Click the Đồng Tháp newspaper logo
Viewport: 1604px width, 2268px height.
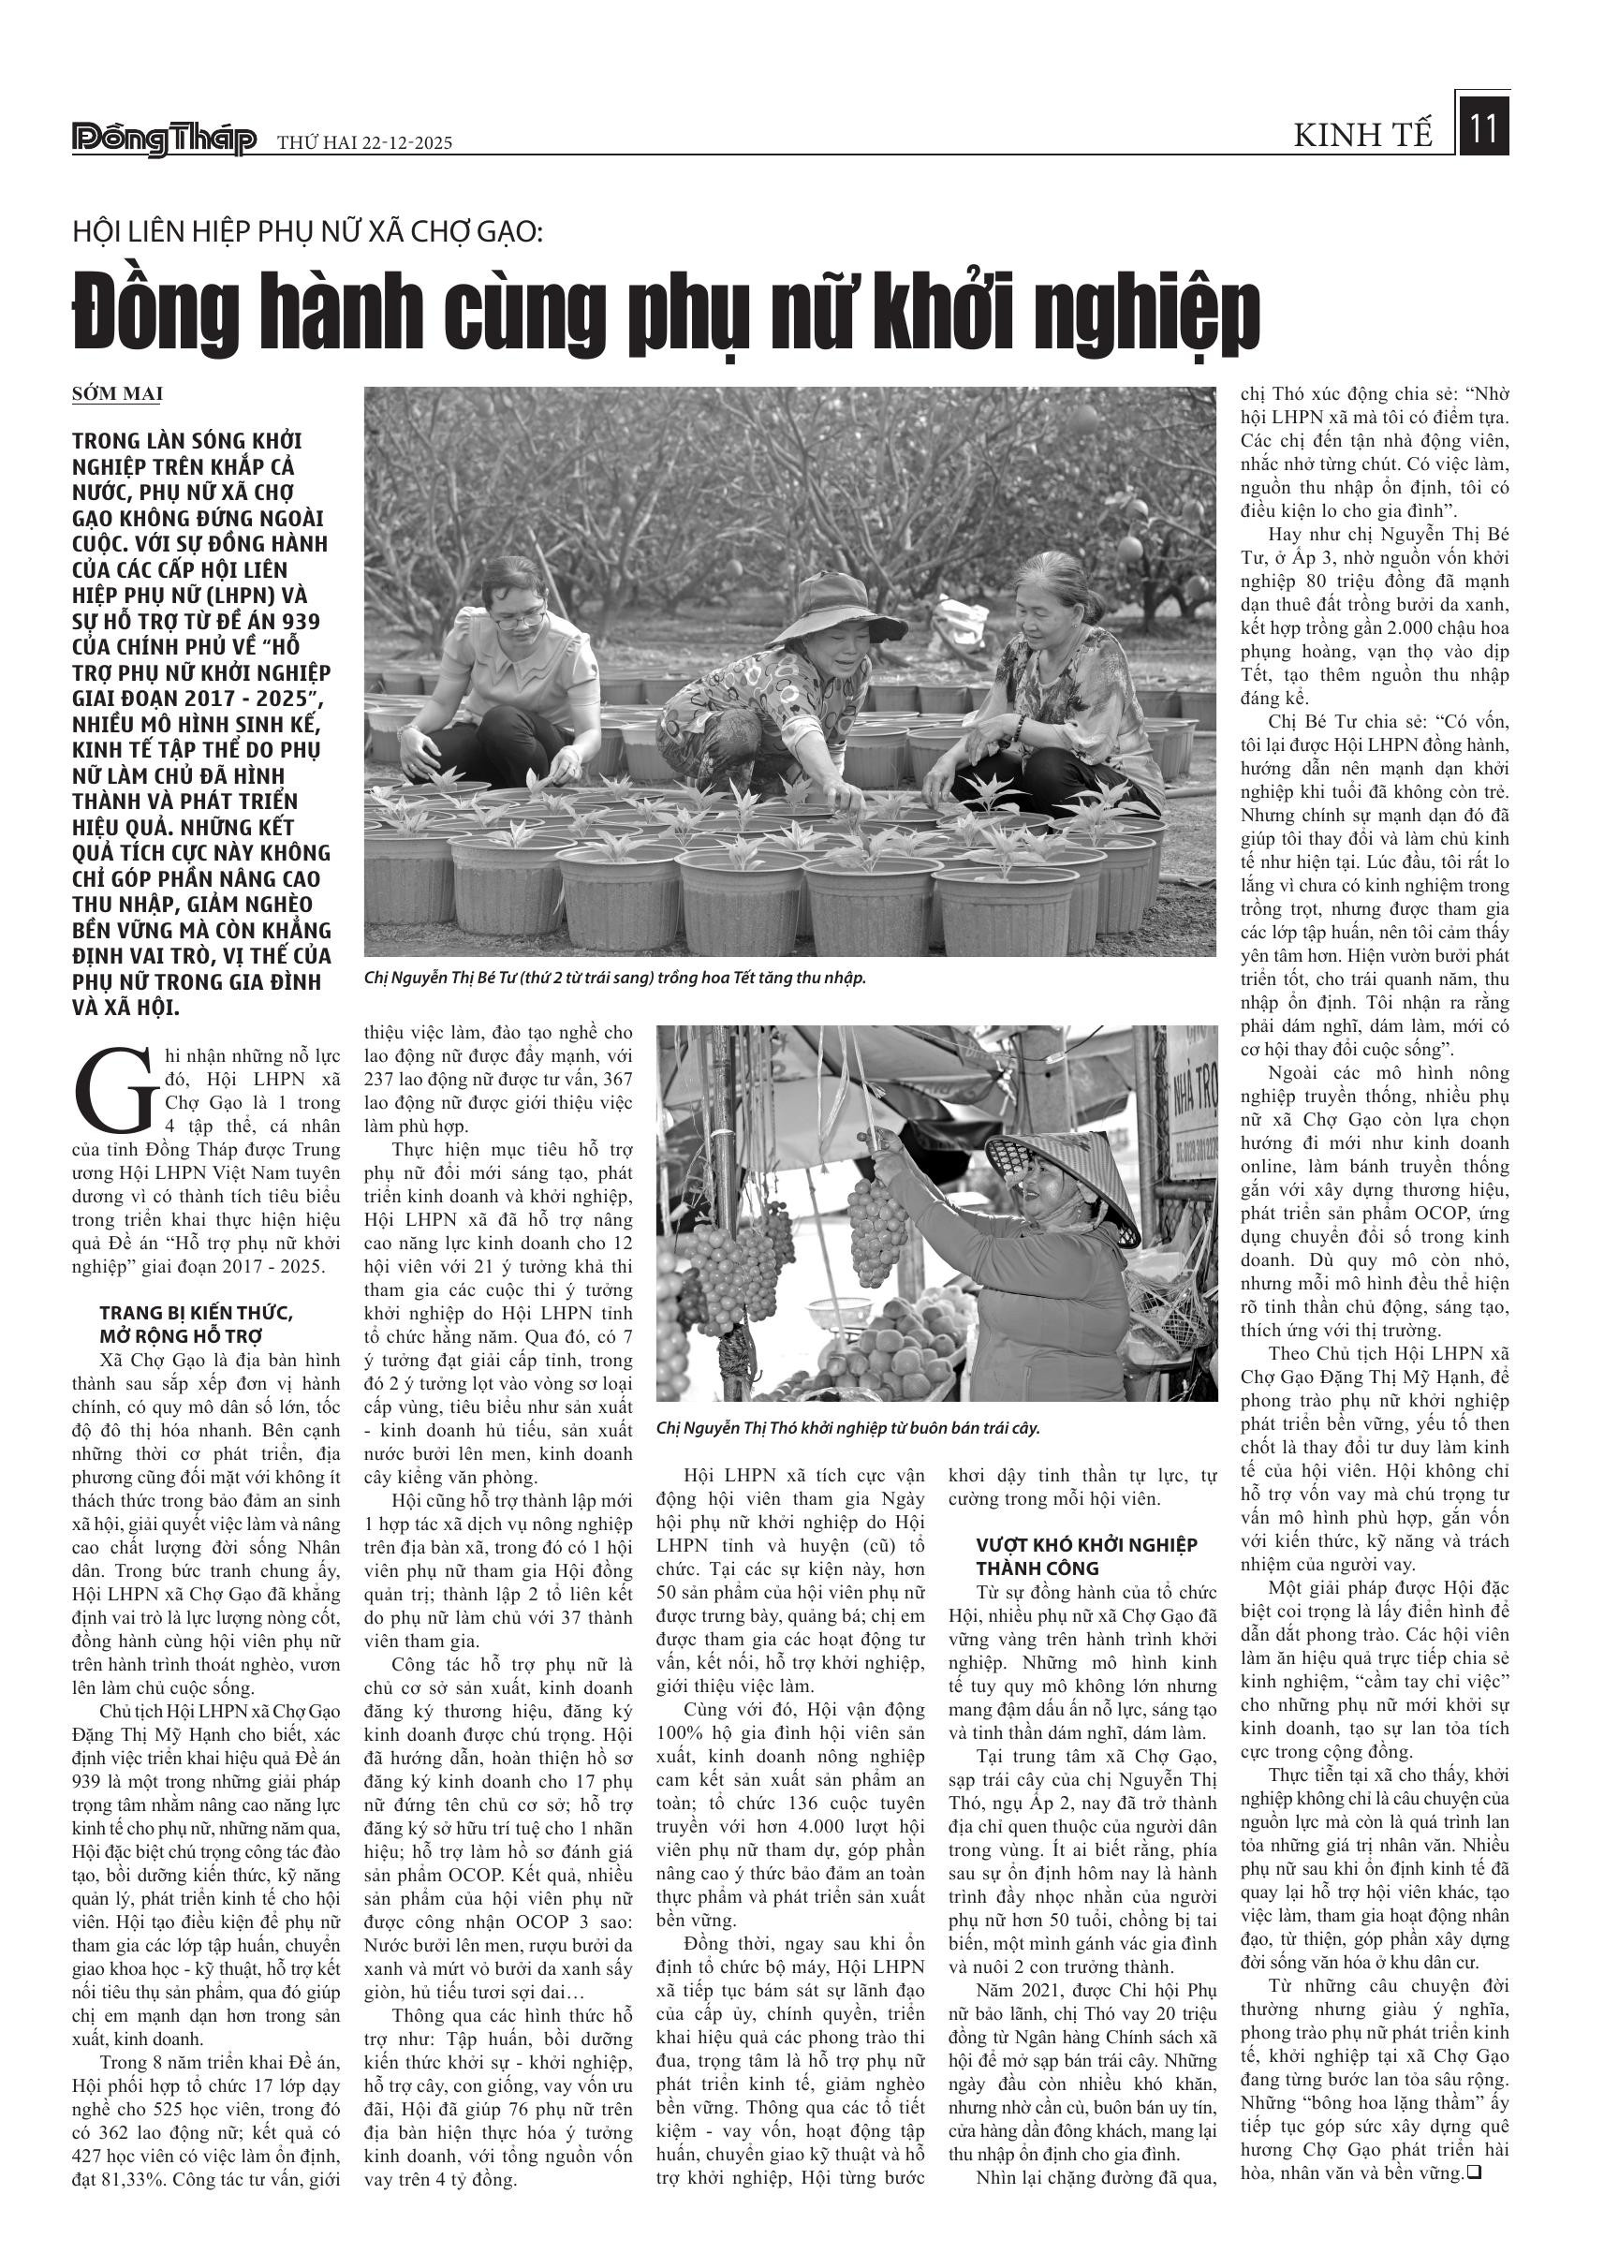(x=164, y=140)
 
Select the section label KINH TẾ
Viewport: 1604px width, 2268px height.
(x=1363, y=136)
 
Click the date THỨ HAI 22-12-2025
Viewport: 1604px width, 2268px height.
(x=364, y=143)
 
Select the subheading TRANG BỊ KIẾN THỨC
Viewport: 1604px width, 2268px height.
(x=196, y=1313)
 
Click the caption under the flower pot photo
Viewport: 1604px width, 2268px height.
(x=614, y=978)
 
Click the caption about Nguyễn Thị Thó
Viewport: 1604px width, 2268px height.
(x=847, y=1428)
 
